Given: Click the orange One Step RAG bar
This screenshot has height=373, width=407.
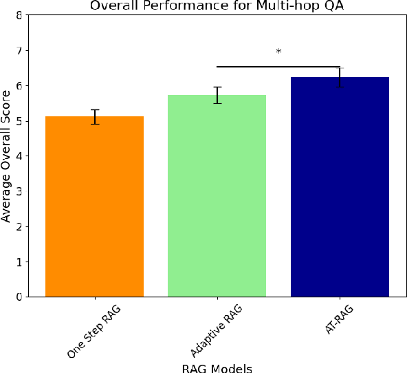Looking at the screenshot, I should coord(94,206).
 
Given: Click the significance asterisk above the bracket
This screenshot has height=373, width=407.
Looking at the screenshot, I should coord(278,52).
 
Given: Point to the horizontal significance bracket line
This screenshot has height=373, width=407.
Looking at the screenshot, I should coord(278,67).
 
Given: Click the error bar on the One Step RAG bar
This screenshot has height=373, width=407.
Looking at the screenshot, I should coord(94,116).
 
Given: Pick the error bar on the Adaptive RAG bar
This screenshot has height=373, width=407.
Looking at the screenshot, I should coord(217,95).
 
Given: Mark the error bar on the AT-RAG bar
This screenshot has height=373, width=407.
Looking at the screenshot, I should coord(340,77).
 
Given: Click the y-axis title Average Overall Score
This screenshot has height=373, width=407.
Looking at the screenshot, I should coord(8,157).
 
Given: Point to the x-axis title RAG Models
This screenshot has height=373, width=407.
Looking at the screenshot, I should coord(217,367).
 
